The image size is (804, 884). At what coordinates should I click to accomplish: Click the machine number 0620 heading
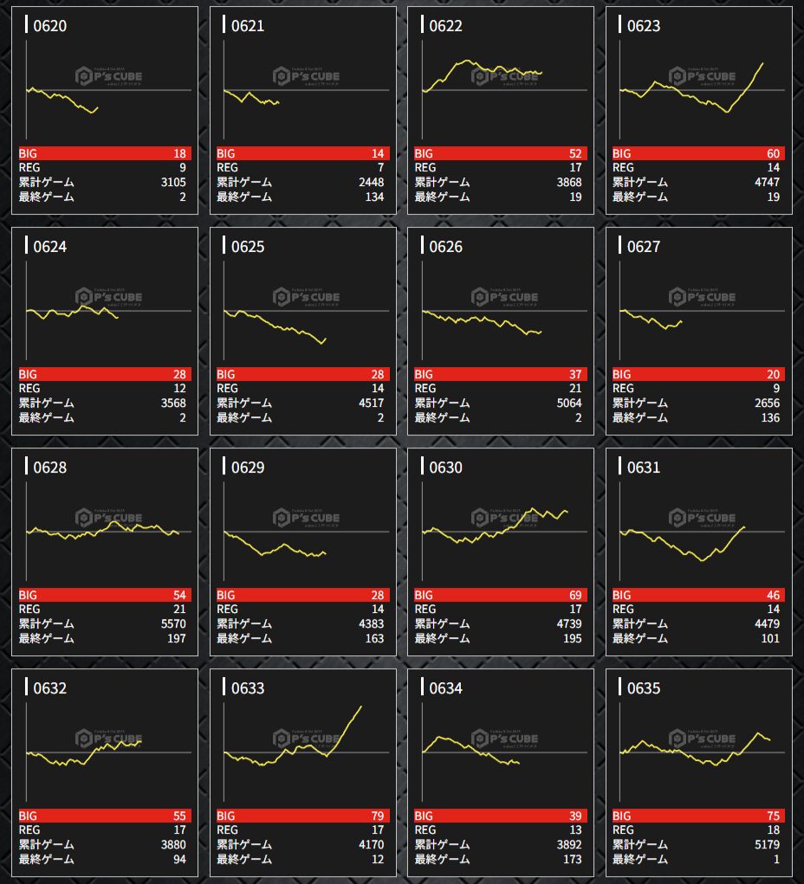49,26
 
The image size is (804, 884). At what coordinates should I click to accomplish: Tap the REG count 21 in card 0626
575,389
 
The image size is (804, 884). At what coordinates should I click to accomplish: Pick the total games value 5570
173,624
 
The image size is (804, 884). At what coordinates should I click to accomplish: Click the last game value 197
176,639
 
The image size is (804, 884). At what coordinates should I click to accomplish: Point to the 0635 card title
643,688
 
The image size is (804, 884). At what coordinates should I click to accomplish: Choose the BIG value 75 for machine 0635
773,816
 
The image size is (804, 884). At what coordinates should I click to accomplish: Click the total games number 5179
767,845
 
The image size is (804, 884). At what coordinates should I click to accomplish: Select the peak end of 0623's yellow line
762,63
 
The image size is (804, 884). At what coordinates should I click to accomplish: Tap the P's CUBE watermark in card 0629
306,518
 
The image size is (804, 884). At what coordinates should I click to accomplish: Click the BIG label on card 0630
425,595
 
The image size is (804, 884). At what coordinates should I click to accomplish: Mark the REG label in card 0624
29,389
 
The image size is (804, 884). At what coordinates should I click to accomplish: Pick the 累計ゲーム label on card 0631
640,624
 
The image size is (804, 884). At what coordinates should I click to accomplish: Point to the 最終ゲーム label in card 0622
442,197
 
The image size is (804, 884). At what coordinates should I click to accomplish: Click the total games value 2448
371,182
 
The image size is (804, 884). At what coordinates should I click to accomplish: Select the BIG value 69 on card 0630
575,595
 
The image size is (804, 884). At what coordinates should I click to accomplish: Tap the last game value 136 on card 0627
769,418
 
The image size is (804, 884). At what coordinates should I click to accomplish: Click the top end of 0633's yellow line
361,707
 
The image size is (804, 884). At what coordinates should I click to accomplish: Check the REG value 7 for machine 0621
379,167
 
